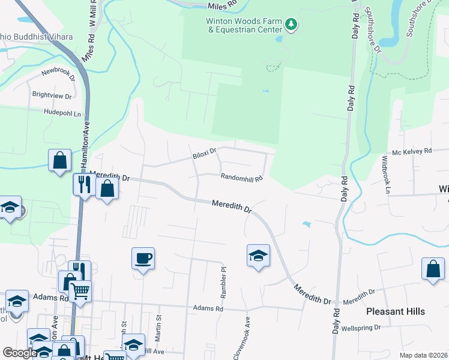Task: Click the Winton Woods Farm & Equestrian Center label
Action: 244,24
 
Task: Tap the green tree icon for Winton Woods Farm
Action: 291,25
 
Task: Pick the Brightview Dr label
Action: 52,95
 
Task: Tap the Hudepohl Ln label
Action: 62,112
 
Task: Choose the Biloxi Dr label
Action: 204,154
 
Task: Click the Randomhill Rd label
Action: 242,178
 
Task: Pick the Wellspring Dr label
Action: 361,328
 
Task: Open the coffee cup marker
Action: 143,259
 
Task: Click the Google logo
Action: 20,353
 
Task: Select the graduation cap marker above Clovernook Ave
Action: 258,256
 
